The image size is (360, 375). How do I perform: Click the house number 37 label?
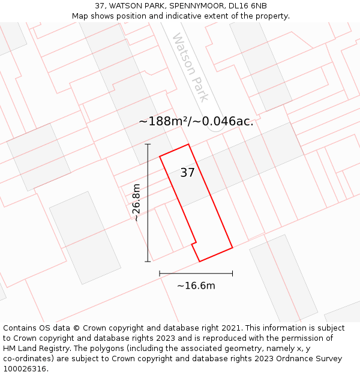tap(187, 173)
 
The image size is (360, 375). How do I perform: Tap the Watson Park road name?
tap(191, 67)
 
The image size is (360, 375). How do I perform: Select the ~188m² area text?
tap(164, 121)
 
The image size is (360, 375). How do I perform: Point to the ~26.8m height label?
tap(137, 203)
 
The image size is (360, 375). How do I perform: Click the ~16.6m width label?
tap(196, 286)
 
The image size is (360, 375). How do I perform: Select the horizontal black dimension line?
tap(196, 274)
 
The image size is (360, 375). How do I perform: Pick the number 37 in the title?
tap(100, 6)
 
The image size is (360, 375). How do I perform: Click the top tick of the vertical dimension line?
tap(148, 144)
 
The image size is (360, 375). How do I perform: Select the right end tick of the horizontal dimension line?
tap(232, 274)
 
